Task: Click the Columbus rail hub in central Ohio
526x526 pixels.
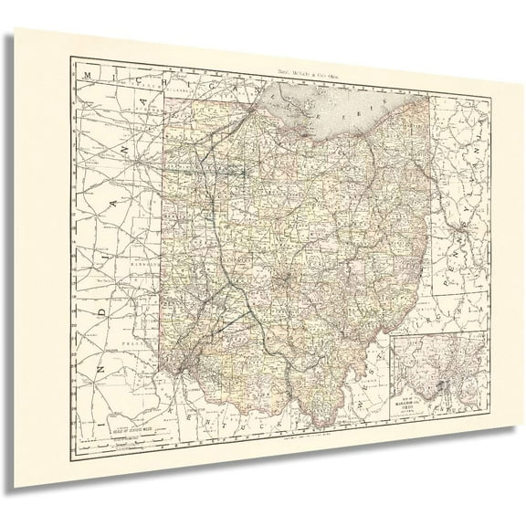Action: [x=286, y=274]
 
